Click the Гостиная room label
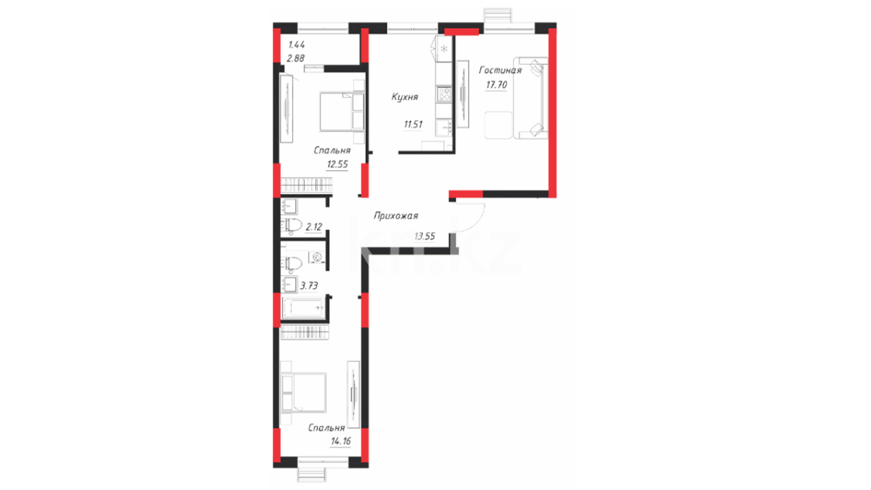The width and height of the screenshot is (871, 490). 500,70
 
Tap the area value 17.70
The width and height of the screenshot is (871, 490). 496,85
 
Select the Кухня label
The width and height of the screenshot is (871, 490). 405,97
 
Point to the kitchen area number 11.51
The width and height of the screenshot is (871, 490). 413,124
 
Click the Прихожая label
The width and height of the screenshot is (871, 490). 396,216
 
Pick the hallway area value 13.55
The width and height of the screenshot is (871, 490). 425,236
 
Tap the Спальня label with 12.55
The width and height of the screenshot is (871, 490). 332,151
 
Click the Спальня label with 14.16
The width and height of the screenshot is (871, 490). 326,428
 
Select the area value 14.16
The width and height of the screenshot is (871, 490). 341,441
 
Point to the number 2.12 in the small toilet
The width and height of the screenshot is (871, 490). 313,227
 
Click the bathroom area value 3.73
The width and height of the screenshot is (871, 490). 309,286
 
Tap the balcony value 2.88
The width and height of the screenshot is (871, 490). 296,59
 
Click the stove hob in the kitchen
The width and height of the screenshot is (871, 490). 444,94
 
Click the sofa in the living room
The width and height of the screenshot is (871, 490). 530,98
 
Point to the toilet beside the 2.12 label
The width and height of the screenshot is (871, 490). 292,225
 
